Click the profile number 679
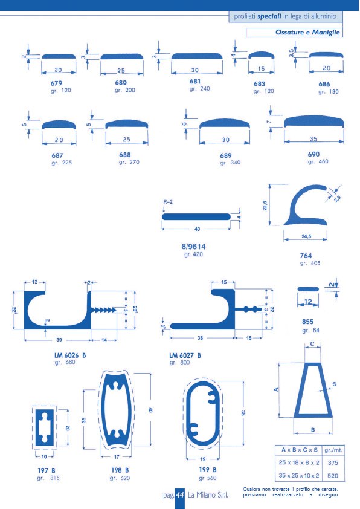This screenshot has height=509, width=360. coord(56,83)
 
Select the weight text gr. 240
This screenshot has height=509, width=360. coord(200,89)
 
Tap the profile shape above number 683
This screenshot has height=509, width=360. coord(262,54)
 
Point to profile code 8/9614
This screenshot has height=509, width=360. coord(194,247)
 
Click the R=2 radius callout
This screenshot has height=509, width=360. coord(168,202)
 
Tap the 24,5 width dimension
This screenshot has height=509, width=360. coord(306,236)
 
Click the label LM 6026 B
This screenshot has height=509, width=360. coord(70,355)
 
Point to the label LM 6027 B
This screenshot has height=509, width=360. coord(185,355)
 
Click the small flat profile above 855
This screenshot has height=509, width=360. coord(308,289)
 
